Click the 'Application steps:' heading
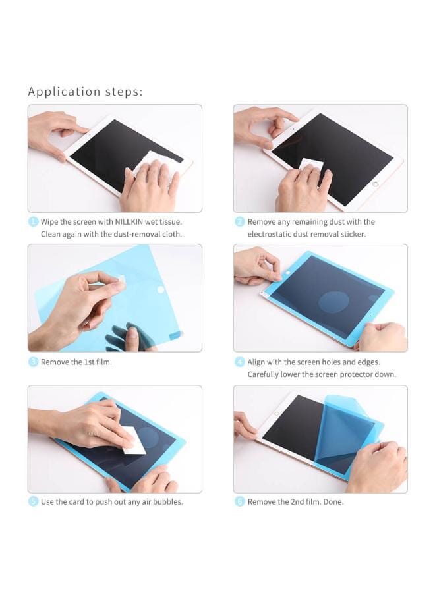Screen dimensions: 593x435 click(x=85, y=92)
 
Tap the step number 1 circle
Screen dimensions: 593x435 click(x=33, y=222)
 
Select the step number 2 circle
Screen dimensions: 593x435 click(x=240, y=222)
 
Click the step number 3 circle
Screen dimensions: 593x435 click(x=33, y=362)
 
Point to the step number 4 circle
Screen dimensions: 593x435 click(x=240, y=362)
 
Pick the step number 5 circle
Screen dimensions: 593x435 click(x=33, y=501)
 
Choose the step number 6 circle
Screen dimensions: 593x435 click(x=240, y=501)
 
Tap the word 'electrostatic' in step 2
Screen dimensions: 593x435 click(x=270, y=234)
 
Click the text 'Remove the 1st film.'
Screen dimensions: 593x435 click(x=76, y=362)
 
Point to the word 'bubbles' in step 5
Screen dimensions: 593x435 click(x=165, y=501)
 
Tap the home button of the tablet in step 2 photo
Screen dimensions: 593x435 click(x=376, y=184)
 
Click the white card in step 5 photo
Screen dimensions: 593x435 click(x=135, y=440)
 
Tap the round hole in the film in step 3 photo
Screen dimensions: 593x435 click(x=160, y=289)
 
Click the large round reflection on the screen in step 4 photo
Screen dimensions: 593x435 click(x=333, y=302)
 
